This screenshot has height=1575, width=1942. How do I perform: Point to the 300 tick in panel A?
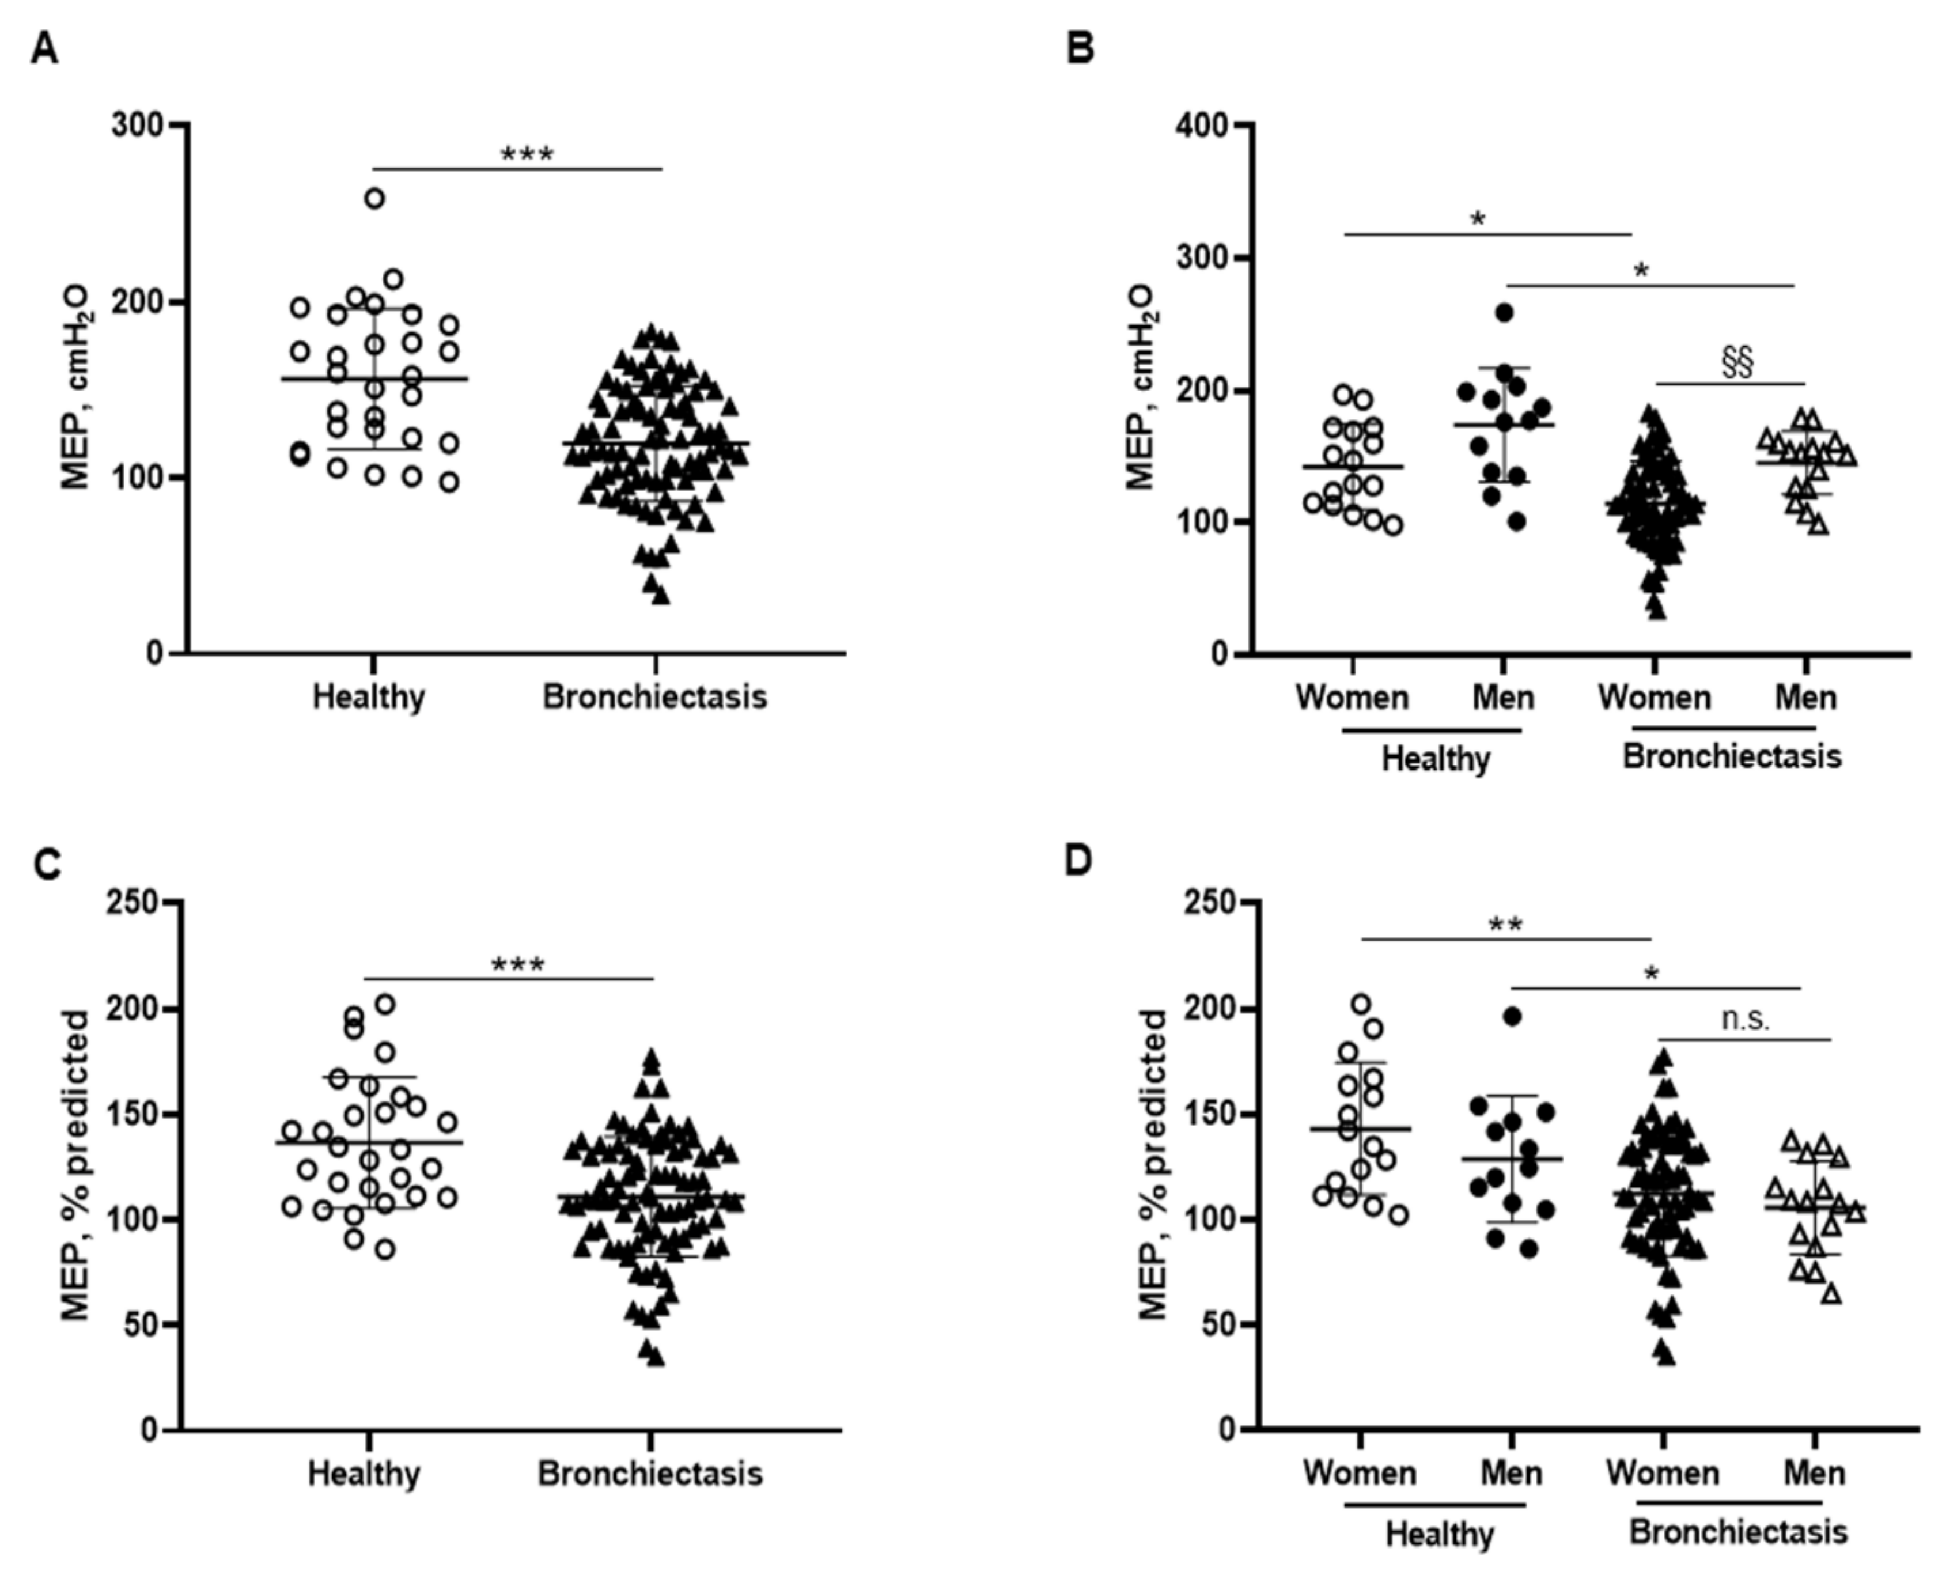coord(138,124)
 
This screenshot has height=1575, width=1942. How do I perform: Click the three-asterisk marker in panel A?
coord(527,155)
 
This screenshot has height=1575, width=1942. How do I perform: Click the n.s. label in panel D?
coord(1745,1020)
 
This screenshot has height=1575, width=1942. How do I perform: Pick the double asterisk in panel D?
coord(1506,925)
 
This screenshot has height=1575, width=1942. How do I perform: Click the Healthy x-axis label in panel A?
coord(368,698)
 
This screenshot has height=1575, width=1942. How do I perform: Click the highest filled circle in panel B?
coord(1504,313)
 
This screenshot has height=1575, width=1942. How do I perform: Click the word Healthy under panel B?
coord(1435,759)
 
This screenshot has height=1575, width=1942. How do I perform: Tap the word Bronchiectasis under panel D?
coord(1738,1532)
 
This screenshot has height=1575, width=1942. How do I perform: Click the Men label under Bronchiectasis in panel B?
coord(1805,698)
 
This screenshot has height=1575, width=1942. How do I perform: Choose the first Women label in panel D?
coord(1359,1472)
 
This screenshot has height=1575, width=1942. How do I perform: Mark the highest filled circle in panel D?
coord(1512,1016)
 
